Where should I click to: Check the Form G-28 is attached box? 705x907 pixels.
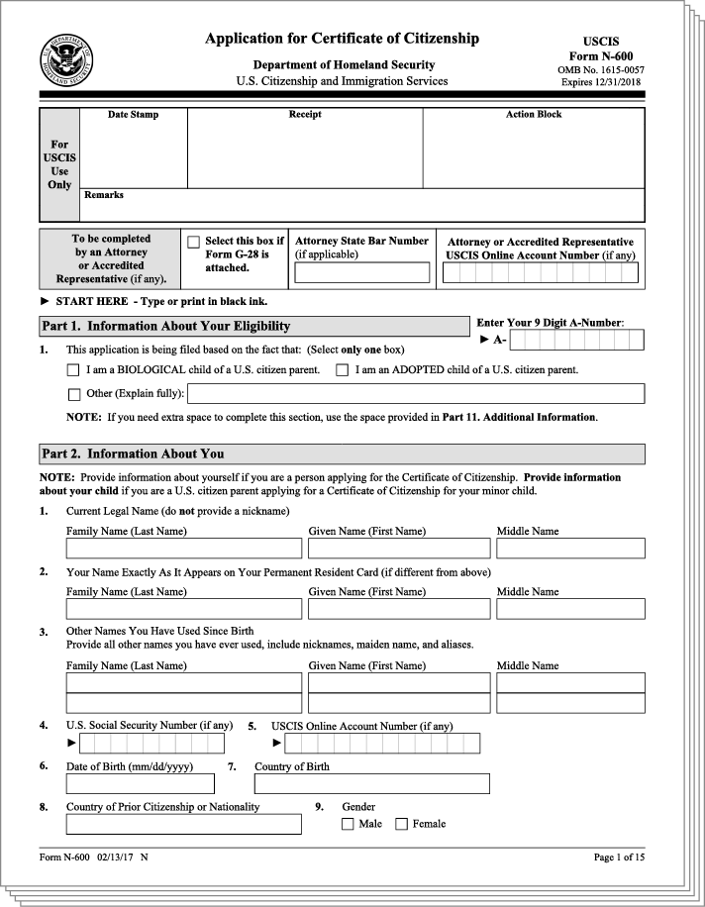coord(194,242)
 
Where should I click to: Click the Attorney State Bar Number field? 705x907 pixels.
coord(362,272)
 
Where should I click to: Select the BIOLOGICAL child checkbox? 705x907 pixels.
coord(72,370)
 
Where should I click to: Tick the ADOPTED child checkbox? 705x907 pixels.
coord(342,370)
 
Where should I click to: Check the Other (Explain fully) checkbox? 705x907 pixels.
coord(72,394)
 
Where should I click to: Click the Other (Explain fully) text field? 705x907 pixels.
coord(423,394)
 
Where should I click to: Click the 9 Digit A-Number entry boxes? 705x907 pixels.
coord(577,341)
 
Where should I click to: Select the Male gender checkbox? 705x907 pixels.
coord(348,824)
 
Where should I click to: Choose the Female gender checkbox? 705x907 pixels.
coord(401,824)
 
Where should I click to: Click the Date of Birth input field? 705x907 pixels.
coord(140,783)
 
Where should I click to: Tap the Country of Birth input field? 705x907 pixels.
coord(371,783)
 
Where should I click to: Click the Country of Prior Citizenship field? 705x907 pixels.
coord(183,824)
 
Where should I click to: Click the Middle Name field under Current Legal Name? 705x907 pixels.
coord(570,548)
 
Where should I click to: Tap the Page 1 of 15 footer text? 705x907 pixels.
coord(618,857)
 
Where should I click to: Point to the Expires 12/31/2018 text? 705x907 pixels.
coord(601,81)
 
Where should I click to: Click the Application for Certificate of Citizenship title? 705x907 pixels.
coord(342,39)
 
